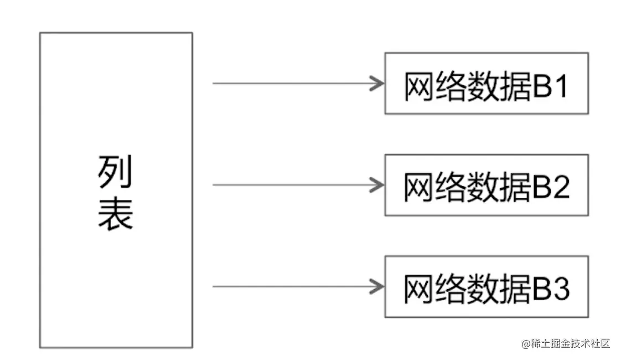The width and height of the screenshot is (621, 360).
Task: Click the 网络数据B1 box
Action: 487,84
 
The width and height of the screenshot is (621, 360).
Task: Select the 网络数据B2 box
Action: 487,185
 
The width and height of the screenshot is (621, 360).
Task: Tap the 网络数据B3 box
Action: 487,286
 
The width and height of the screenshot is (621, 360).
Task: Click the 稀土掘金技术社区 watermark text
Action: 570,343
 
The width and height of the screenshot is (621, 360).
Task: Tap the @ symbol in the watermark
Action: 525,344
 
